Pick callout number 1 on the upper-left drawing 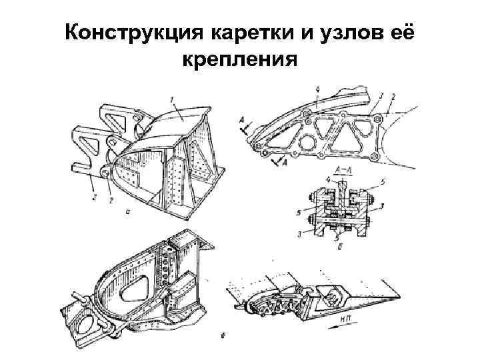(171, 101)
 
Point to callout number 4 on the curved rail (319, 89)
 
